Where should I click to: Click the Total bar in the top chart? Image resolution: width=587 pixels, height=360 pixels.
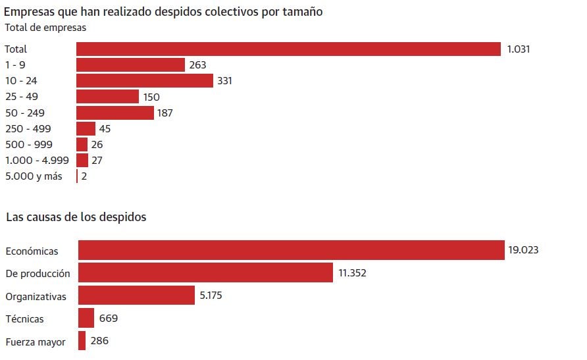(x=288, y=49)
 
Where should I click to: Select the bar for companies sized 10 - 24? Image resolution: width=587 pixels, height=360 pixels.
(x=145, y=81)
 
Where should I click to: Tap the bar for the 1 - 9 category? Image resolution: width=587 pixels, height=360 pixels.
(x=130, y=64)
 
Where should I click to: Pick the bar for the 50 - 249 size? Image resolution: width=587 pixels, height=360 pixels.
(x=115, y=113)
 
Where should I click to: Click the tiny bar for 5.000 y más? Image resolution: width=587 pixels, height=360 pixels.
(x=77, y=176)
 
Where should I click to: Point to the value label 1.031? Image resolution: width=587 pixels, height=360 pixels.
(x=519, y=49)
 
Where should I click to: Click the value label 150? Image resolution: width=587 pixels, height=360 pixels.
(x=151, y=97)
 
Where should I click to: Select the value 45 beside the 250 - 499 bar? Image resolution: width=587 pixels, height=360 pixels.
(x=105, y=128)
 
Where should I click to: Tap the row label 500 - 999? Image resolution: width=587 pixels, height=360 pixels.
(x=28, y=144)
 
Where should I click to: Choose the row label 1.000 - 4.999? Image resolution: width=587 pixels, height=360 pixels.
(x=37, y=160)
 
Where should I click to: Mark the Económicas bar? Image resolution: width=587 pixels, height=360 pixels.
(x=291, y=250)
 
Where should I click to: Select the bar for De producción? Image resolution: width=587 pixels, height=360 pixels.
(x=205, y=272)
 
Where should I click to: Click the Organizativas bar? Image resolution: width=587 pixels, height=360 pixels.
(x=136, y=296)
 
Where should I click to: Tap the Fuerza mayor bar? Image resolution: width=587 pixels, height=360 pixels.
(x=82, y=341)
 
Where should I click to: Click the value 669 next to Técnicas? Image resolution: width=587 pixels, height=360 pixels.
(x=109, y=319)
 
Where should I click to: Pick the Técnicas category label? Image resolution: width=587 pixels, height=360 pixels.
(x=25, y=319)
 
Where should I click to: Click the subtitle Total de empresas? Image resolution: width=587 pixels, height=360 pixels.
(x=45, y=28)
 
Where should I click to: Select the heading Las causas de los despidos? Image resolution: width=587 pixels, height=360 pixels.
(x=76, y=217)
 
